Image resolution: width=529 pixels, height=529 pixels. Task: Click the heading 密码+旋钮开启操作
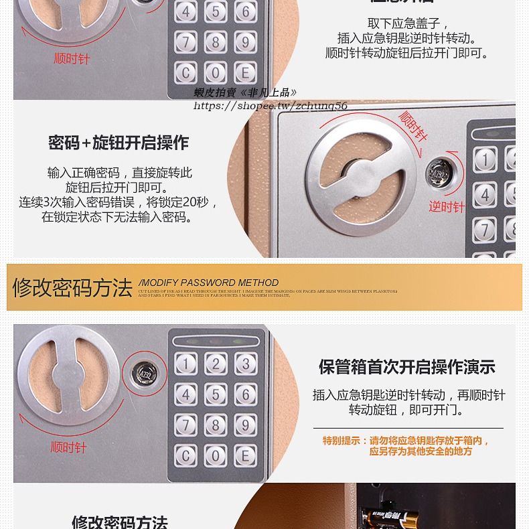(x=119, y=143)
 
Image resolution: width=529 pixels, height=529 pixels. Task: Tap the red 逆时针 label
(x=446, y=207)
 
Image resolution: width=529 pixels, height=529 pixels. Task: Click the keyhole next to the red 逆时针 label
(x=441, y=171)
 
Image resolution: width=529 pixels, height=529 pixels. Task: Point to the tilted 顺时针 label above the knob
(x=412, y=125)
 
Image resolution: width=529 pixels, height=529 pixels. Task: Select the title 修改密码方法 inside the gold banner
(x=72, y=287)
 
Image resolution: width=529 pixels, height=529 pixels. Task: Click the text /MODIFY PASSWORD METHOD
(x=208, y=283)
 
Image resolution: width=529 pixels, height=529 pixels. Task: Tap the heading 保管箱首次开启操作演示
(x=406, y=367)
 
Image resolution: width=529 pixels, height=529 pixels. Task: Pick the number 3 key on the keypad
(x=245, y=364)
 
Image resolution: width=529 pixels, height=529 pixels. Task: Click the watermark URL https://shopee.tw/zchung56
(x=271, y=106)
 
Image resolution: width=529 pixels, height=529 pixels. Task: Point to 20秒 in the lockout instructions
(x=194, y=202)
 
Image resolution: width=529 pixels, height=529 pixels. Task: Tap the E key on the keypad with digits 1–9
(x=245, y=455)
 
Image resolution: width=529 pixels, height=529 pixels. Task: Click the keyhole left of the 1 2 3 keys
(x=145, y=371)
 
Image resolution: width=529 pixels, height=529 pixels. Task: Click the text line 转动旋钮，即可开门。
(x=406, y=410)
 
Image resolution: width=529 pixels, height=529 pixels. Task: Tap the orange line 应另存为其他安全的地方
(x=421, y=451)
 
